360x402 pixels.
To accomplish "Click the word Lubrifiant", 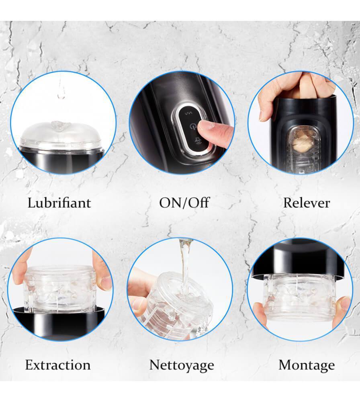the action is pyautogui.click(x=59, y=203).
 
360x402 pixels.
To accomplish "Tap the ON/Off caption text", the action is pyautogui.click(x=184, y=203).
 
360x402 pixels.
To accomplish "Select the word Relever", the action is pyautogui.click(x=307, y=203).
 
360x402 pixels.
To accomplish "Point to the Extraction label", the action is pyautogui.click(x=58, y=365).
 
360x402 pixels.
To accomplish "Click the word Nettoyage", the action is pyautogui.click(x=182, y=365).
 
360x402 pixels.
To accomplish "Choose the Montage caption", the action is pyautogui.click(x=307, y=365).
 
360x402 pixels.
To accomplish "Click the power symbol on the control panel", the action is pyautogui.click(x=192, y=126).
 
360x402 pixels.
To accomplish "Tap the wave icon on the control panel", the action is pyautogui.click(x=189, y=113).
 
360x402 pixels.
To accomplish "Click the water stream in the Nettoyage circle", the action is pyautogui.click(x=185, y=267).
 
